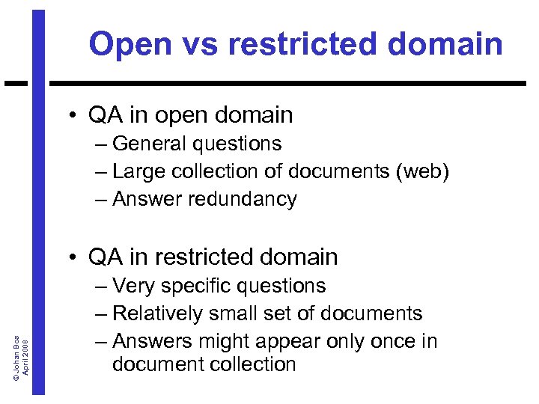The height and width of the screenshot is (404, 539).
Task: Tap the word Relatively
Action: click(x=165, y=313)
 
